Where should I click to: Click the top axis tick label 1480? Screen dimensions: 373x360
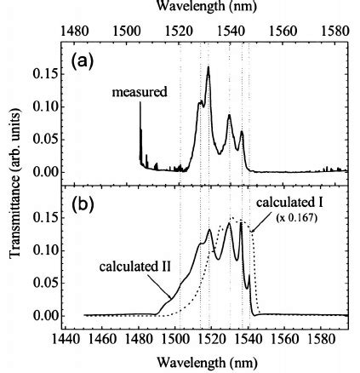click(74, 31)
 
